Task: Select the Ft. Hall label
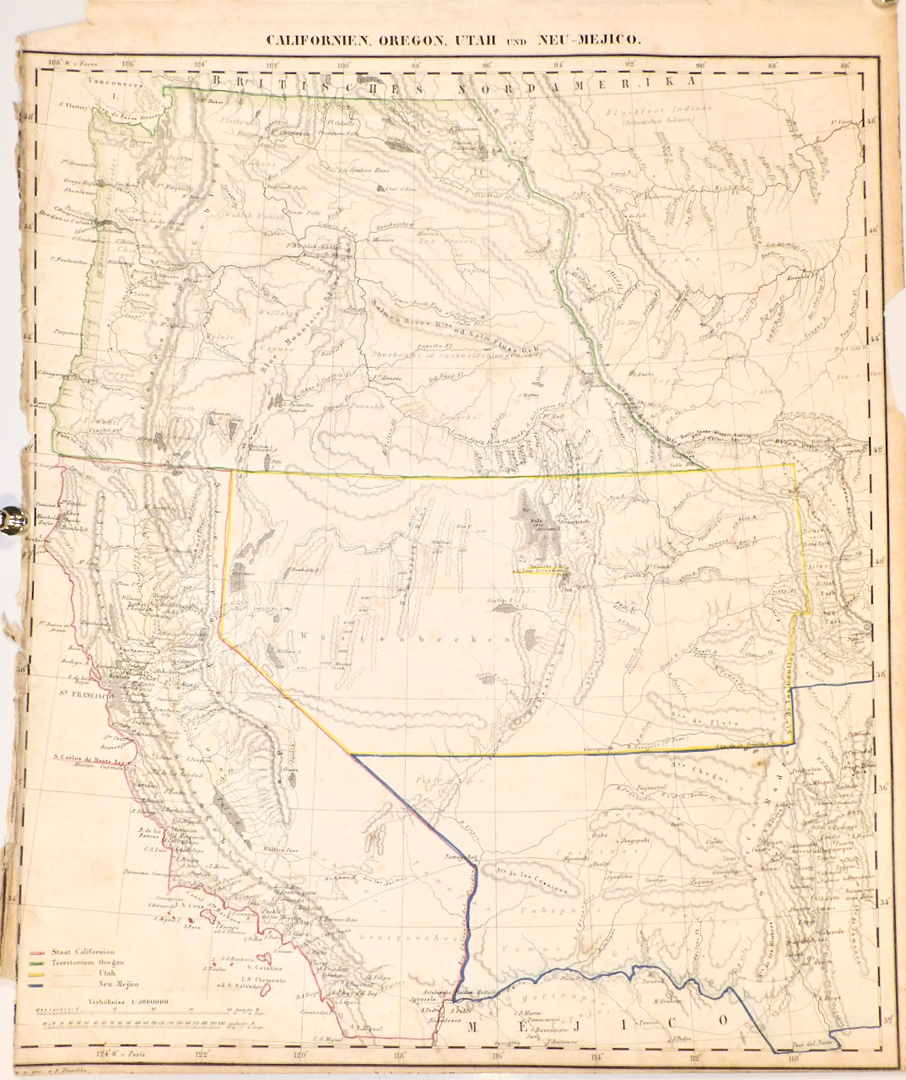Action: [553, 414]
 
